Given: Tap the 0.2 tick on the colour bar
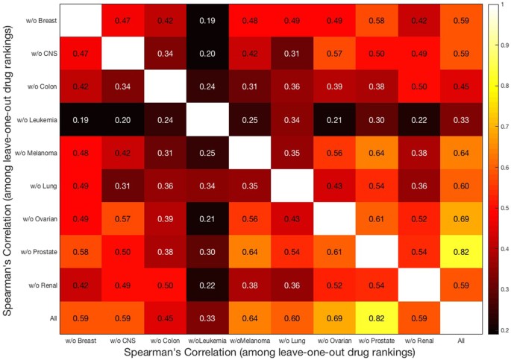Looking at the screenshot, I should pos(504,329).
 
